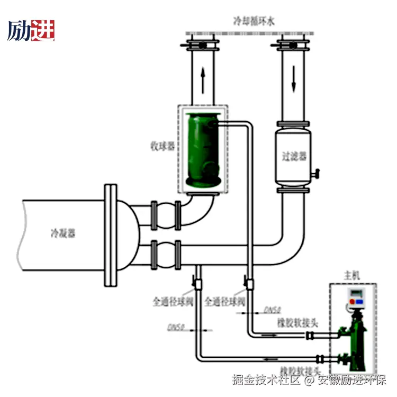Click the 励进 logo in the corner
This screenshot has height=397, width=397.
31,30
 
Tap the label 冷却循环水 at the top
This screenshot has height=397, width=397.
254,21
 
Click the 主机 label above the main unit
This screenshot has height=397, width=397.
352,275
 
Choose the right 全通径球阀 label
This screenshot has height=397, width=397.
225,302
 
